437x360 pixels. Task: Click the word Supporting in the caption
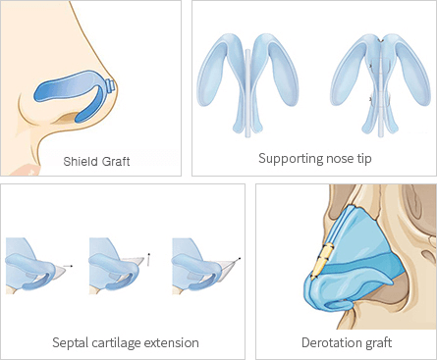pos(287,158)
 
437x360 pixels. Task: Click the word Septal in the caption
pos(70,343)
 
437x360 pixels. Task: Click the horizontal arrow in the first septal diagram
pos(66,266)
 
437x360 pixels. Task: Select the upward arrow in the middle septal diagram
pos(149,259)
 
